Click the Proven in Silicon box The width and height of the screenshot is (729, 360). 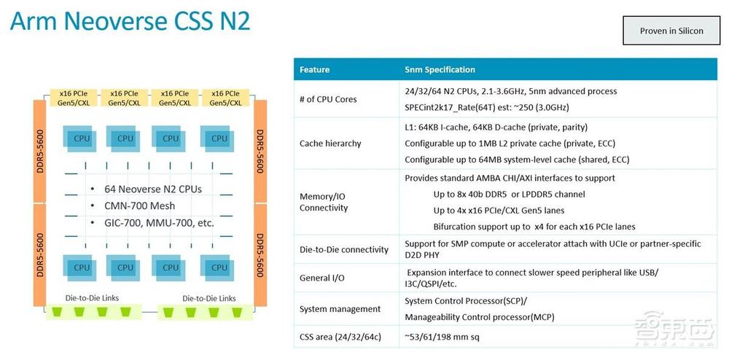[x=671, y=31]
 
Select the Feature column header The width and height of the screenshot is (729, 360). [x=314, y=70]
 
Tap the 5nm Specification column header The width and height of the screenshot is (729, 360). [x=440, y=70]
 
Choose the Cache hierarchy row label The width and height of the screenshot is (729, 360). [x=330, y=144]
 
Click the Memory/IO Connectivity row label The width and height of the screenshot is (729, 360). [x=324, y=202]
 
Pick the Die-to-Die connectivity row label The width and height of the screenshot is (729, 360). [x=343, y=249]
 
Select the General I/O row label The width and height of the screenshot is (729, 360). [x=321, y=278]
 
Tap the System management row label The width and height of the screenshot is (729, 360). [x=340, y=309]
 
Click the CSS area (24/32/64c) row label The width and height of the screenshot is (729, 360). [x=340, y=336]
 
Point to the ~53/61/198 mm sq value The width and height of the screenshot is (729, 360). [x=442, y=336]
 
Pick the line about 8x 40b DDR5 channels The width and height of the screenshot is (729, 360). [x=509, y=194]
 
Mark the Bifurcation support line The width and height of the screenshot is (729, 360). [x=534, y=227]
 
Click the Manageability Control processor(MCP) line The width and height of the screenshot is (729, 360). [x=480, y=318]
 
